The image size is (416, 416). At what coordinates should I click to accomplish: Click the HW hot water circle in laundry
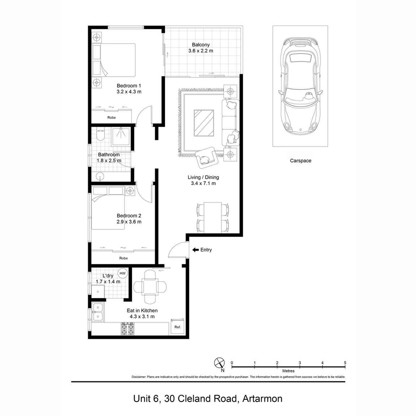click(x=123, y=273)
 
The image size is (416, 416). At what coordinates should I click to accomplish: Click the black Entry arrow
click(x=195, y=250)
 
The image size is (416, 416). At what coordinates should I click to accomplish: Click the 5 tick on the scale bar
click(x=345, y=363)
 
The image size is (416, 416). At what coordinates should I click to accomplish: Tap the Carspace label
click(x=300, y=161)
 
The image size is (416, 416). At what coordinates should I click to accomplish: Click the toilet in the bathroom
click(x=100, y=135)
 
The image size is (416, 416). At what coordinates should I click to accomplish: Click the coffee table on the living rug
click(x=204, y=123)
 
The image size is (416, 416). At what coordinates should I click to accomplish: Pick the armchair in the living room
click(x=206, y=158)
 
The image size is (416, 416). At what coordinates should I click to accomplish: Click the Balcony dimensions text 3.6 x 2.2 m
click(x=201, y=51)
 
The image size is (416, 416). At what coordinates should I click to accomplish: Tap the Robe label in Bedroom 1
click(x=111, y=118)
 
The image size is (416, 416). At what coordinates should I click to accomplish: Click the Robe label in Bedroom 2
click(x=123, y=258)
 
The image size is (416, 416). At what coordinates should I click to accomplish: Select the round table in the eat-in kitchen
click(x=150, y=287)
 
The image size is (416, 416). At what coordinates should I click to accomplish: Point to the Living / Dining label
click(x=203, y=177)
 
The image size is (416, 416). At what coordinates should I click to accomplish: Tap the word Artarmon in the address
click(x=262, y=399)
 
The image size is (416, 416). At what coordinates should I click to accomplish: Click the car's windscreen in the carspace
click(x=300, y=95)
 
